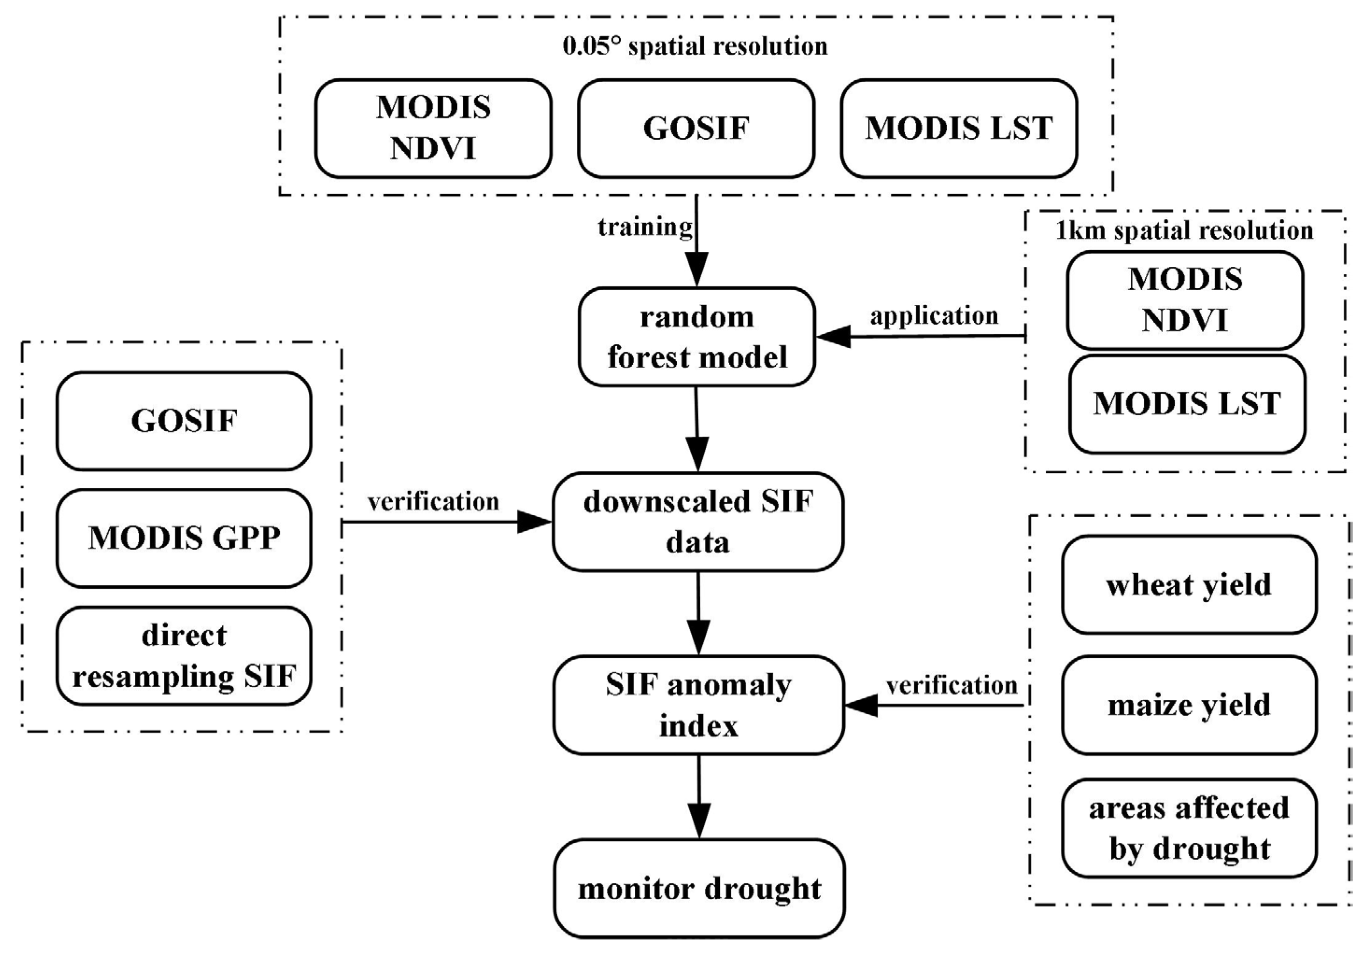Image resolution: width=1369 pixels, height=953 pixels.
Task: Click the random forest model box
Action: (696, 337)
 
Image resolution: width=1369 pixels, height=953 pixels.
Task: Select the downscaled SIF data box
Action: (698, 522)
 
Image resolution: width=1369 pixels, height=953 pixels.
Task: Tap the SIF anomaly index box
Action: (698, 705)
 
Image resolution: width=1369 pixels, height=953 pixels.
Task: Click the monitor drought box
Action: (699, 889)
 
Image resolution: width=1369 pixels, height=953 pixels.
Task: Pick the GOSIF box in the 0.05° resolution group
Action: (696, 128)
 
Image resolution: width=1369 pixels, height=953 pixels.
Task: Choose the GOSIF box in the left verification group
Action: (184, 421)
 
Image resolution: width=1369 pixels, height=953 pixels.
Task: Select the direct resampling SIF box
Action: (184, 656)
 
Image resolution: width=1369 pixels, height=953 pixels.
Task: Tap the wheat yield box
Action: (1189, 584)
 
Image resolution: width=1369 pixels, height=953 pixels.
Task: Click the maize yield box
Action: (1189, 705)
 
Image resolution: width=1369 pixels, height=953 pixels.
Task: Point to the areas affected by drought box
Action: (1189, 828)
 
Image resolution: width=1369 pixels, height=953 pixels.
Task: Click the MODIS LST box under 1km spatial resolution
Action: (1186, 404)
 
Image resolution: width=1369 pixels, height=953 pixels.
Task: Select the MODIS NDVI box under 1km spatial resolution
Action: (1185, 299)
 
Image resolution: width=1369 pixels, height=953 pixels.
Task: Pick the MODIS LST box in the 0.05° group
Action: (959, 128)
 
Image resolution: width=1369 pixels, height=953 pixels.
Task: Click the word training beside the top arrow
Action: (645, 227)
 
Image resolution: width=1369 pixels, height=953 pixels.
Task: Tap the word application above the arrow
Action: (934, 315)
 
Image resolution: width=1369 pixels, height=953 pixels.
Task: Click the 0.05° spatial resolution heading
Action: (695, 46)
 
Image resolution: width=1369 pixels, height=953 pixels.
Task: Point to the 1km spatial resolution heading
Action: (1184, 230)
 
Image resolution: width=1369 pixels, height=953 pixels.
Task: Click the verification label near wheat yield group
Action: (951, 686)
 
